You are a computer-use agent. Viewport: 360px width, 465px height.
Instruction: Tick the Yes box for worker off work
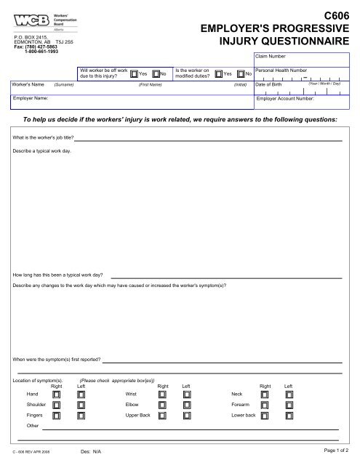tap(134, 73)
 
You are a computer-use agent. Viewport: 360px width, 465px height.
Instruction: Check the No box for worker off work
tap(155, 73)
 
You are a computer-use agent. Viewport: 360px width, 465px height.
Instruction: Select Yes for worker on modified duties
tap(219, 73)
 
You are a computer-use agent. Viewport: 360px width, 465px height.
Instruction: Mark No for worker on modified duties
tap(241, 73)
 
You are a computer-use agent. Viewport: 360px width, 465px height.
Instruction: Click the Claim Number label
tap(271, 55)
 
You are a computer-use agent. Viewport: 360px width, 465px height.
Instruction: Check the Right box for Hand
tap(57, 395)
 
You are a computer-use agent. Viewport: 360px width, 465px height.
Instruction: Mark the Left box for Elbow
tap(187, 405)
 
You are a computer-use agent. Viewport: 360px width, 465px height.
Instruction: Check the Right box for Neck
tap(265, 395)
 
